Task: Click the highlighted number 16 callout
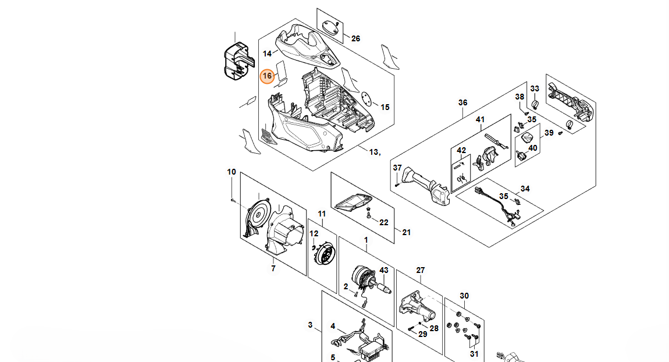(x=267, y=76)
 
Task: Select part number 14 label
(x=267, y=54)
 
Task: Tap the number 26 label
(x=356, y=39)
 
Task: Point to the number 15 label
(x=385, y=107)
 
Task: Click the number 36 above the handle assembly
(x=463, y=102)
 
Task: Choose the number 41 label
(x=481, y=119)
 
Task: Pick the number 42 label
(x=461, y=150)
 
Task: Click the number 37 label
(x=397, y=168)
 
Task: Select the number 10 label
(x=232, y=172)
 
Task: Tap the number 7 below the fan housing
(x=273, y=268)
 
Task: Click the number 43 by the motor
(x=384, y=270)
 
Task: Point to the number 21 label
(x=406, y=233)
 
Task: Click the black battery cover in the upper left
(x=239, y=61)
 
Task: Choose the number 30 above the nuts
(x=464, y=296)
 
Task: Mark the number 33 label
(x=535, y=89)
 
